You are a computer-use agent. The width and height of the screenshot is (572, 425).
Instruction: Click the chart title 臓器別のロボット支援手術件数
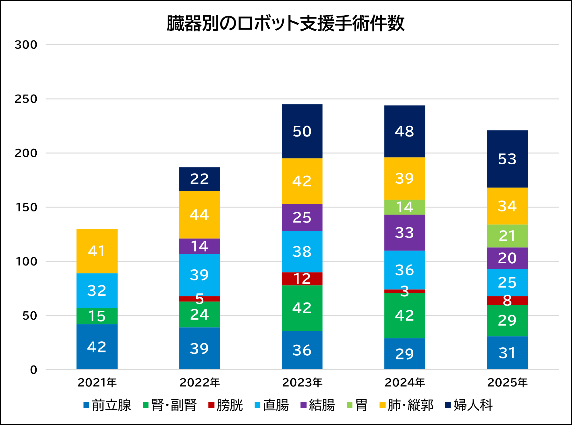[286, 24]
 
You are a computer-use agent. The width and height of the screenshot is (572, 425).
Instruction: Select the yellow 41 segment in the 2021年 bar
[97, 251]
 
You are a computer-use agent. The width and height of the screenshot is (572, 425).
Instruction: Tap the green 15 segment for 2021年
[97, 316]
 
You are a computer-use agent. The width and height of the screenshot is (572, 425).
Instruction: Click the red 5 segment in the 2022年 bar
[199, 299]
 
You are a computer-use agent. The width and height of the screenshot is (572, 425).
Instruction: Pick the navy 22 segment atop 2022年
[199, 179]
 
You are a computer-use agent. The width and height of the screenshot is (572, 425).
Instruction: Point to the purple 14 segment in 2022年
[199, 246]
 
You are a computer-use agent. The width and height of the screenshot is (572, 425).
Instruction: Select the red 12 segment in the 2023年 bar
[302, 279]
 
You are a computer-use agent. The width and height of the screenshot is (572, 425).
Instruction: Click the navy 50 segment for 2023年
[302, 131]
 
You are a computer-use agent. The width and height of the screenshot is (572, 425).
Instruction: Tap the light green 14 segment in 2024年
[405, 207]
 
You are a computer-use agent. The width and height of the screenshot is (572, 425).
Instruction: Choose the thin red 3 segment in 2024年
[405, 291]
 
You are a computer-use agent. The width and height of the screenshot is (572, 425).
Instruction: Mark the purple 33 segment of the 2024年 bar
[405, 232]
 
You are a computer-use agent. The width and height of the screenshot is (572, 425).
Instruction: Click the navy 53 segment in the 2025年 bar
[507, 159]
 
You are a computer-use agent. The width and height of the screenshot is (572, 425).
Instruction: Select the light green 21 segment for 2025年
[507, 236]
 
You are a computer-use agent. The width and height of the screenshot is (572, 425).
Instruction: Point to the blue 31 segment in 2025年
[507, 353]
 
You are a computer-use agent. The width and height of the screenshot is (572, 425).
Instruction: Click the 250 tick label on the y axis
[26, 99]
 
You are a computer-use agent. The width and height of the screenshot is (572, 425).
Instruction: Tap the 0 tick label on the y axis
[33, 370]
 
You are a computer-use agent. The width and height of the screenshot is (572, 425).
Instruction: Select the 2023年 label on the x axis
[302, 382]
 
